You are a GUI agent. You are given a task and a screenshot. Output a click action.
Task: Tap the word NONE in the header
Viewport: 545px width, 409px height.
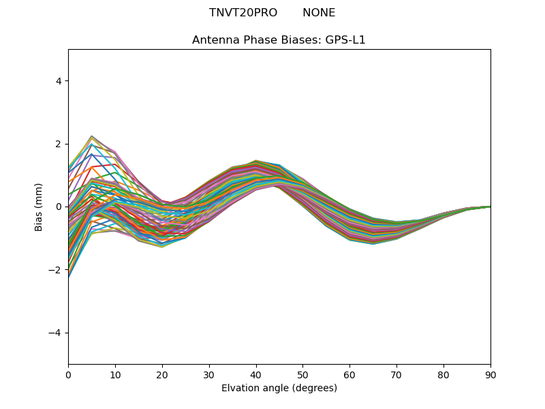pos(319,13)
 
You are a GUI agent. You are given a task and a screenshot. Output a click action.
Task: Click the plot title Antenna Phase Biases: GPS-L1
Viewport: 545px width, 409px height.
pos(279,40)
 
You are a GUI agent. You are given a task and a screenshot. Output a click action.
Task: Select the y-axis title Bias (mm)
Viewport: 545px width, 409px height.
pos(40,207)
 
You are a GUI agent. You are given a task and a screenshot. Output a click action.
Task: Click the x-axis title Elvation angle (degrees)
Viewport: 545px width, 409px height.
pos(279,389)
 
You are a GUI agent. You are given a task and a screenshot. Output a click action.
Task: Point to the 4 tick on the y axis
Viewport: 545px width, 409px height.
pos(59,81)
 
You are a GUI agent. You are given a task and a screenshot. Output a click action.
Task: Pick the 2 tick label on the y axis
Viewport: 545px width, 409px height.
pos(59,144)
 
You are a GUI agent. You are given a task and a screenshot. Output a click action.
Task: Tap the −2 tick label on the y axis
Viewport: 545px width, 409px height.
pos(56,270)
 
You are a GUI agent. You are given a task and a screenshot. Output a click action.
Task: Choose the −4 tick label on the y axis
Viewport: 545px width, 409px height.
pos(56,333)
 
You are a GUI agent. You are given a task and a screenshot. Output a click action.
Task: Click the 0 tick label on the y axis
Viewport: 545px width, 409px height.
pos(59,207)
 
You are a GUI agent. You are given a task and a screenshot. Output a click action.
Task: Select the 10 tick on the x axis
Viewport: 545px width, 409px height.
pos(115,374)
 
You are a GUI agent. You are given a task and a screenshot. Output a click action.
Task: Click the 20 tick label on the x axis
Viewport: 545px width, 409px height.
pos(162,374)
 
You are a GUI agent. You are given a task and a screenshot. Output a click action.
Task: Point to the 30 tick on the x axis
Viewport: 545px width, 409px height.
pos(209,374)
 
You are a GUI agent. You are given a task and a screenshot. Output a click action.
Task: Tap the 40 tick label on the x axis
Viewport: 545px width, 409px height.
pos(256,374)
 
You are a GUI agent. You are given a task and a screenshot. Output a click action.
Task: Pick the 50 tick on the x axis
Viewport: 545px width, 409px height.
pos(302,374)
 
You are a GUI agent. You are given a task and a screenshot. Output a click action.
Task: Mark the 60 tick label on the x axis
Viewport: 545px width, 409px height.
pos(349,374)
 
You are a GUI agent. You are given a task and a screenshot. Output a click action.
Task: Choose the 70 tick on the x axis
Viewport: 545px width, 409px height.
pos(396,374)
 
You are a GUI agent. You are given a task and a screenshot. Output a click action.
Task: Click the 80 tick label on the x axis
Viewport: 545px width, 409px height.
pos(443,374)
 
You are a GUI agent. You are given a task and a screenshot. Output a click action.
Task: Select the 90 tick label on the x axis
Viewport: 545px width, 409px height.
pos(490,374)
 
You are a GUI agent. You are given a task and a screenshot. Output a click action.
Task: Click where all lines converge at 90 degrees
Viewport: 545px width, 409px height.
pos(490,207)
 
